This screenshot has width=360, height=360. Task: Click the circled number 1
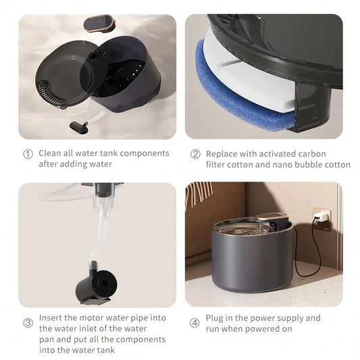click(x=28, y=154)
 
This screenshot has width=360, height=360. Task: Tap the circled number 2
click(x=195, y=154)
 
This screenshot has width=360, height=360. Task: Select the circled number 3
click(x=28, y=323)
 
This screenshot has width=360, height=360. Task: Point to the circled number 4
click(x=195, y=323)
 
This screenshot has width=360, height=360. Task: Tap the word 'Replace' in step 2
click(x=223, y=153)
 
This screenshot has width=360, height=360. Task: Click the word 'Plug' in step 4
click(x=216, y=317)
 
